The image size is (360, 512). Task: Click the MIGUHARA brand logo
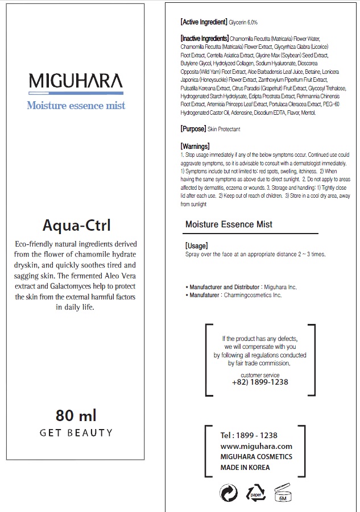[x=75, y=81]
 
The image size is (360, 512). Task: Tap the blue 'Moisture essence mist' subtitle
[x=76, y=106]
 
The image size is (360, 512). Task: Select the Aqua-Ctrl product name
[x=76, y=224]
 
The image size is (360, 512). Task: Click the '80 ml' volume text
[x=76, y=415]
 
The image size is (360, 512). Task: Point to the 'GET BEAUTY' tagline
[x=76, y=433]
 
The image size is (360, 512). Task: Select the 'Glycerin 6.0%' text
[x=243, y=22]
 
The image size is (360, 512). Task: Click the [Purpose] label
[x=193, y=129]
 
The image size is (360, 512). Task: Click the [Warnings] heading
[x=195, y=146]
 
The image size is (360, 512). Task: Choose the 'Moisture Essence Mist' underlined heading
[x=229, y=224]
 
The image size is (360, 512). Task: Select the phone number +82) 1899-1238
[x=260, y=382]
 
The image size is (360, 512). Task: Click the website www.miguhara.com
[x=256, y=447]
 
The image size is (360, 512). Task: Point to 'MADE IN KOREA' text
[x=245, y=468]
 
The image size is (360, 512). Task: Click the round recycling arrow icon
[x=228, y=493]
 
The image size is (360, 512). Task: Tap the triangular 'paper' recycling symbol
[x=255, y=493]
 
